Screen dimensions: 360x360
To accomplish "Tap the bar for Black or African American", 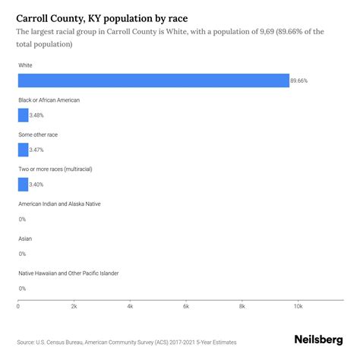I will point(23,115).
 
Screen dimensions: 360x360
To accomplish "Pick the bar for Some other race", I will point(23,150).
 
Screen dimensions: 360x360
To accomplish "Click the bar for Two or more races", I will point(23,185).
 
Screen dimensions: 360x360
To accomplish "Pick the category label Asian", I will point(25,238).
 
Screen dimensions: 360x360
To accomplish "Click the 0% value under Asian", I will point(22,254).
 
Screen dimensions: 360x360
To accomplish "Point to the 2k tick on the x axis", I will point(74,307).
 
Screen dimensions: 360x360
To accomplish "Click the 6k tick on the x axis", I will point(186,307).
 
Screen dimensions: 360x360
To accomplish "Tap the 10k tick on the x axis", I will point(298,307).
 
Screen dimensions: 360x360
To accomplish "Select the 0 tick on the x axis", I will point(18,307).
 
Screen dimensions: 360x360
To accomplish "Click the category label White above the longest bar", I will point(26,65).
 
